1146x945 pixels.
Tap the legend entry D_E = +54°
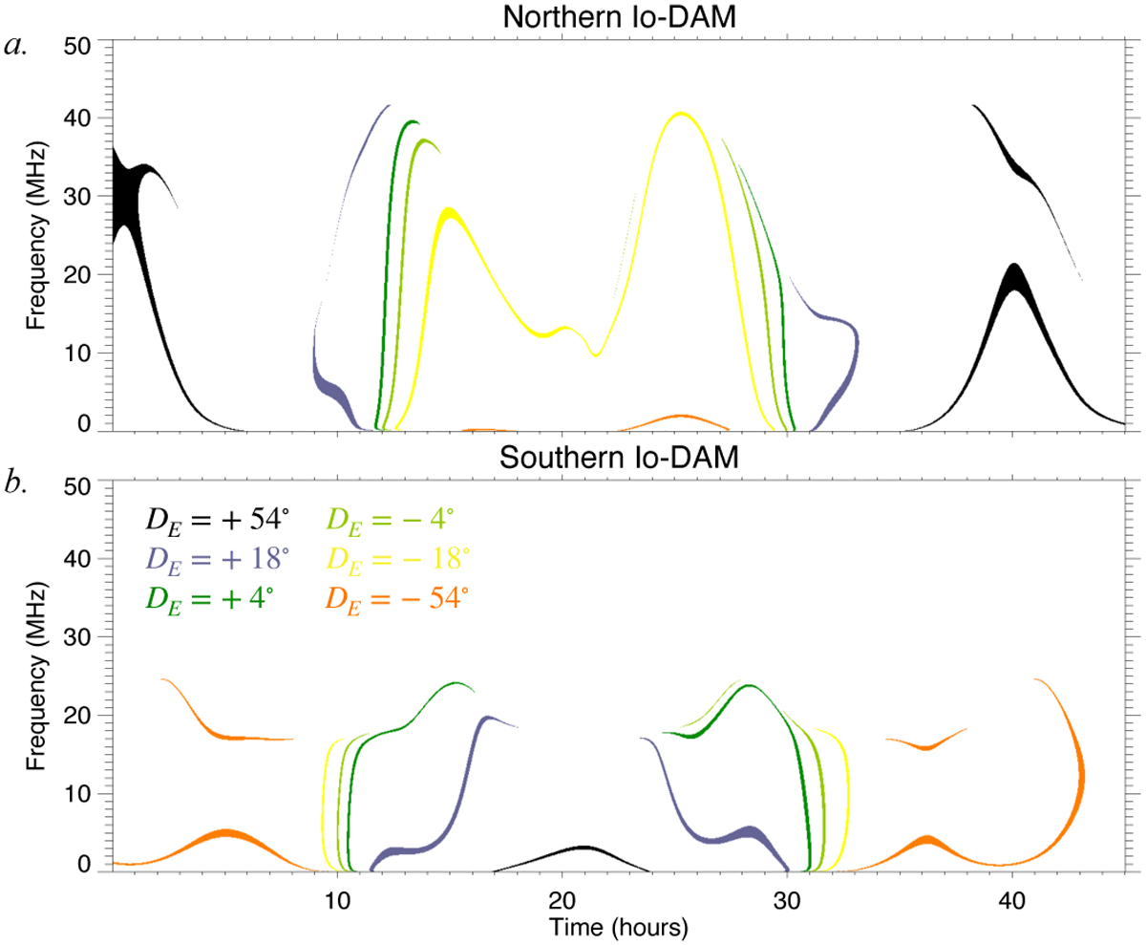coord(216,520)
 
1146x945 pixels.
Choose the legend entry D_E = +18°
coord(216,560)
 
